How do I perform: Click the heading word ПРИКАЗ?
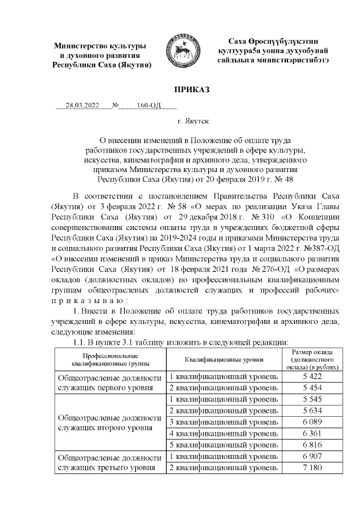pos(179,90)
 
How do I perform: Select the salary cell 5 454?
pos(311,388)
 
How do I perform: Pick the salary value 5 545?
pos(311,399)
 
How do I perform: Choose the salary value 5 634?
pos(311,411)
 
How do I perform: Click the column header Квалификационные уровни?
pos(223,359)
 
